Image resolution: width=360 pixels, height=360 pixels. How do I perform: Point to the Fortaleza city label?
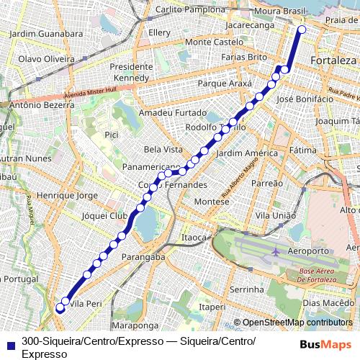pyautogui.click(x=333, y=61)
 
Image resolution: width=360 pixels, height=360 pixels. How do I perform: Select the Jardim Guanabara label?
pyautogui.click(x=45, y=33)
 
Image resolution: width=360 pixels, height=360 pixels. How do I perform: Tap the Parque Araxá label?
pyautogui.click(x=224, y=84)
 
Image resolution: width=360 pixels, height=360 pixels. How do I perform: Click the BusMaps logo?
pyautogui.click(x=325, y=344)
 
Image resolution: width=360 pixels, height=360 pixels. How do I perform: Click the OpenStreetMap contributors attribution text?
pyautogui.click(x=297, y=323)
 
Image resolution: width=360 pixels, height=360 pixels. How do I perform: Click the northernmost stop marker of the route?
pyautogui.click(x=302, y=30)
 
